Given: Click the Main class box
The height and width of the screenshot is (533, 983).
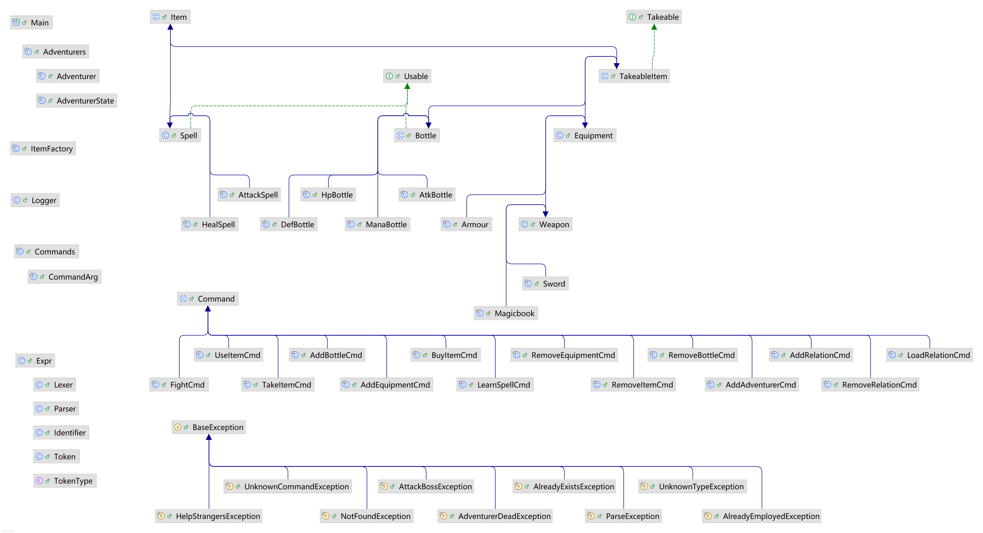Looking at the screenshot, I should tap(31, 22).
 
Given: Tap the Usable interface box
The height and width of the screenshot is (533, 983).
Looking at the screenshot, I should tap(407, 76).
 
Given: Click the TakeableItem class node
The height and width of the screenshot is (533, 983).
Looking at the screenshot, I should tap(634, 76).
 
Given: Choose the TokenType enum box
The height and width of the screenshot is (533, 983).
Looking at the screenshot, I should tap(65, 480).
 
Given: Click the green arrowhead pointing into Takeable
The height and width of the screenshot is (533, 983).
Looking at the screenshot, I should tap(654, 27).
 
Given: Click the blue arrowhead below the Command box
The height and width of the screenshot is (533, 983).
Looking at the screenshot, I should tap(208, 309).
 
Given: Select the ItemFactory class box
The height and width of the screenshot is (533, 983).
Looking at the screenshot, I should tap(43, 148).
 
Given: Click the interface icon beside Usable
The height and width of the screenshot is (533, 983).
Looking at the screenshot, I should tap(389, 76).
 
